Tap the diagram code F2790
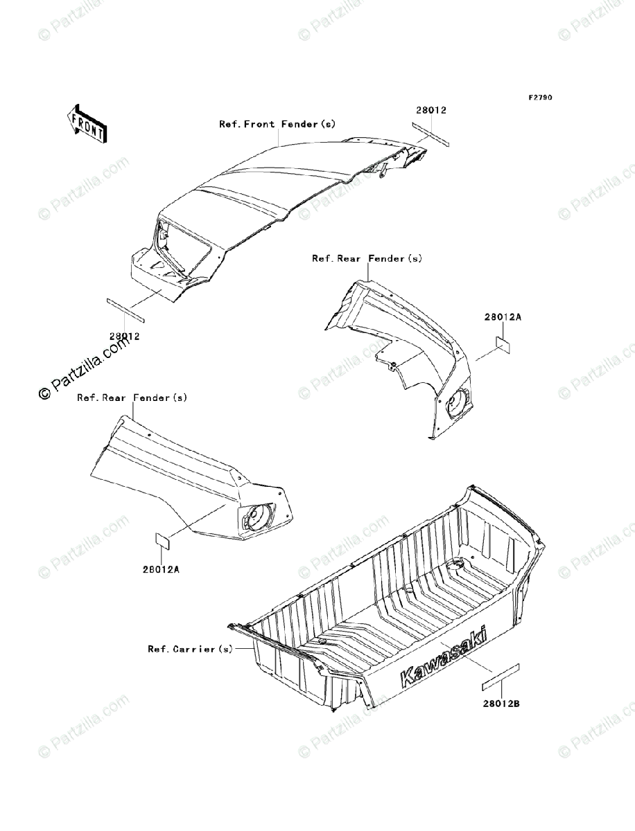point(540,98)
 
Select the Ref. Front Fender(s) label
point(277,125)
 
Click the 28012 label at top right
point(430,110)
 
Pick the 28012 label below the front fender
point(125,337)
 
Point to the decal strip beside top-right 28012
point(430,135)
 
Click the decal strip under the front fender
point(125,309)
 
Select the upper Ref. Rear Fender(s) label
point(367,258)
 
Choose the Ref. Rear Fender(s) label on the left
point(132,397)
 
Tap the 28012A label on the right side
point(502,316)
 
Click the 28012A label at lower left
point(162,569)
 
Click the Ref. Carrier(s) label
point(191,649)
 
